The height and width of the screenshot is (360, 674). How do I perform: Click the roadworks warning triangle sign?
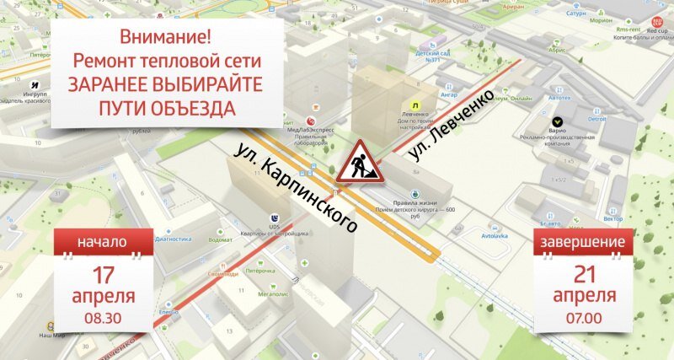tap(359, 163)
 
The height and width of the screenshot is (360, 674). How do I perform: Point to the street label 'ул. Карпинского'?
tap(294, 187)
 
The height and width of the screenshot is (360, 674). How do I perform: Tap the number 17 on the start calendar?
tap(104, 274)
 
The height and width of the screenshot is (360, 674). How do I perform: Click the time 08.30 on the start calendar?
tap(103, 319)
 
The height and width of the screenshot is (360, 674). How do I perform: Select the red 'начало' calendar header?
tap(103, 242)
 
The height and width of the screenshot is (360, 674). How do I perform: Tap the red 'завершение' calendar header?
tap(585, 242)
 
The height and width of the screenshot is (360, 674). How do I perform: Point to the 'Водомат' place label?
tap(221, 239)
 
